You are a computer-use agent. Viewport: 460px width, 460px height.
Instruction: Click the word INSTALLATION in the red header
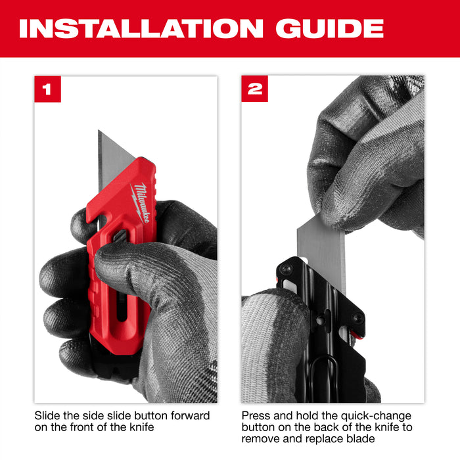click(x=135, y=28)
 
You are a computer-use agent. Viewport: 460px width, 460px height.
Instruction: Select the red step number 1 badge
click(x=47, y=89)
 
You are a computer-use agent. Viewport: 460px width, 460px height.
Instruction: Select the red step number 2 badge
click(x=254, y=89)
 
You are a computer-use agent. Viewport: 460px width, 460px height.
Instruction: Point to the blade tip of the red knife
click(x=101, y=134)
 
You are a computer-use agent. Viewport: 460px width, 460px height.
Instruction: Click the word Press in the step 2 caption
click(x=256, y=416)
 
